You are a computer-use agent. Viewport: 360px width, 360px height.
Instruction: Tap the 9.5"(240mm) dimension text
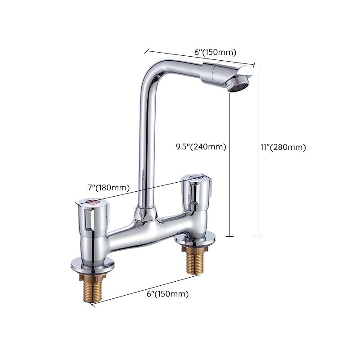[x=201, y=146]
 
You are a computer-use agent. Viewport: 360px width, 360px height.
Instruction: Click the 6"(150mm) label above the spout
[x=215, y=52]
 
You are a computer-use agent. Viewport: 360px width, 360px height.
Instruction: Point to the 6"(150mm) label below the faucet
[x=167, y=294]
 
